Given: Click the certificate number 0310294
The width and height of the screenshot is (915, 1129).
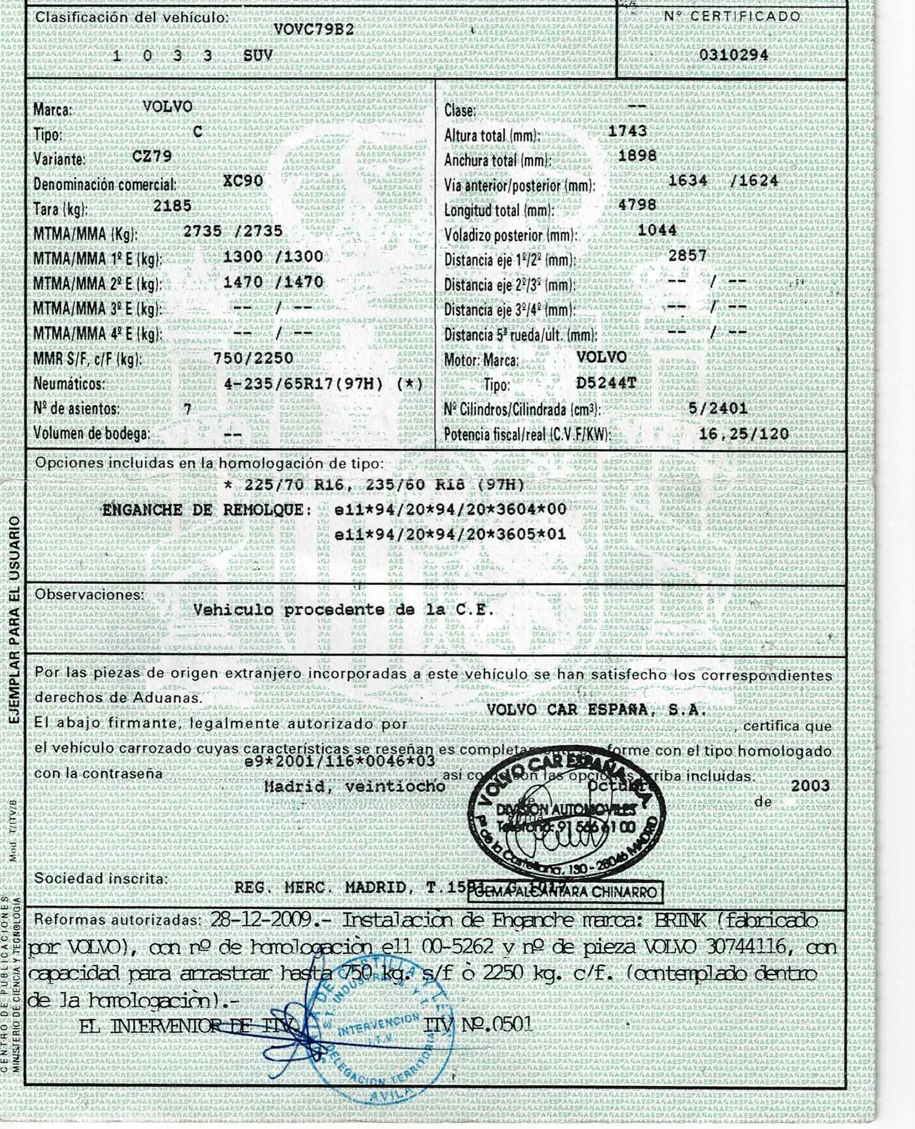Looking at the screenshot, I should [x=733, y=55].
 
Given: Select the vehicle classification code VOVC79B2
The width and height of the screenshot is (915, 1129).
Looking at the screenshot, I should [x=314, y=30].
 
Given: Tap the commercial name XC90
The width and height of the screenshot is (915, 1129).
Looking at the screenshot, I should [x=243, y=181].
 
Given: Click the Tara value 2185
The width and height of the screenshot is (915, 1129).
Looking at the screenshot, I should [x=173, y=205].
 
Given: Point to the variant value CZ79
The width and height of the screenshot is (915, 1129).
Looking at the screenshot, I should [x=152, y=156].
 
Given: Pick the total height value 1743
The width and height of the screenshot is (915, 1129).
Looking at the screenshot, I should [x=627, y=131].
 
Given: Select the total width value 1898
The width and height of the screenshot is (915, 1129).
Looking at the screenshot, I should [x=637, y=155].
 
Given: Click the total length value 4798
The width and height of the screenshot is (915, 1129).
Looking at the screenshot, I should [x=637, y=204].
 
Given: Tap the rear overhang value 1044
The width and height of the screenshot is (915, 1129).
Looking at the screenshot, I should [x=657, y=230].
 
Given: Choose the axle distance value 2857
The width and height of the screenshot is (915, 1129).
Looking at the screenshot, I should [x=687, y=256].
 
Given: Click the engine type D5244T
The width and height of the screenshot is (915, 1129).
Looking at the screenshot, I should [x=606, y=382].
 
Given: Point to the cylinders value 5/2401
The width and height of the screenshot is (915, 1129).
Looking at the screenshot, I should [x=717, y=407].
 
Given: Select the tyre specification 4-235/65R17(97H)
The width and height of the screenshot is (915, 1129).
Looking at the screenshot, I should [x=303, y=384].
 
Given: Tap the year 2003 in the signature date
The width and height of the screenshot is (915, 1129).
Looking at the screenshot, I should [x=810, y=786].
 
